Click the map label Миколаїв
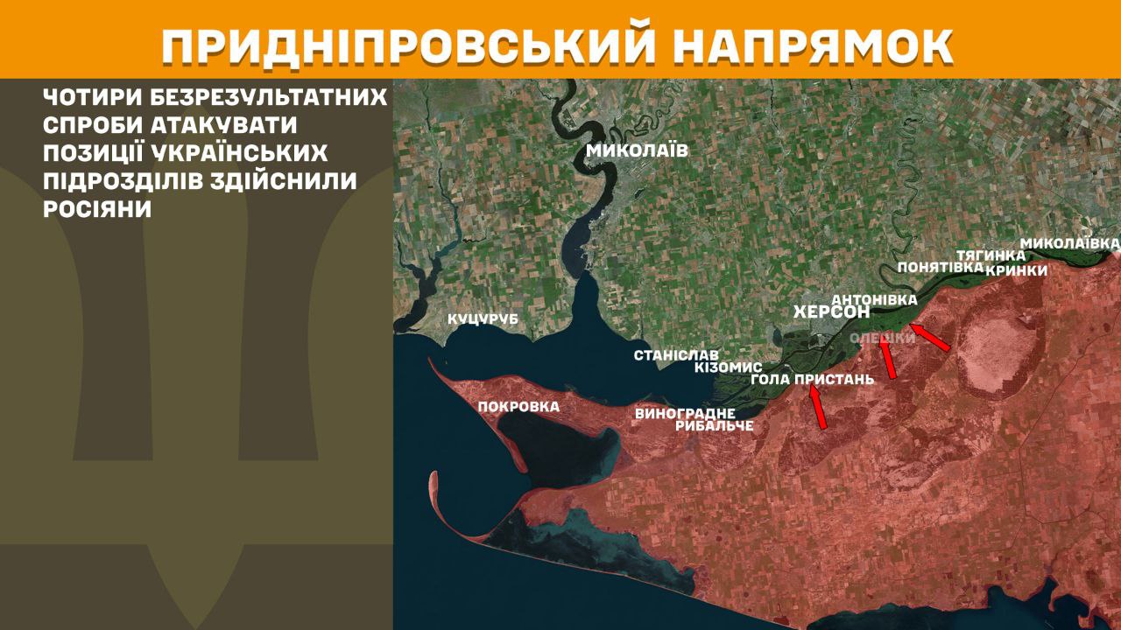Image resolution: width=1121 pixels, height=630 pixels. click(637, 150)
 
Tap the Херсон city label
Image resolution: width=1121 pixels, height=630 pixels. click(831, 312)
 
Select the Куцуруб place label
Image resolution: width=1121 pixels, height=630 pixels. click(483, 319)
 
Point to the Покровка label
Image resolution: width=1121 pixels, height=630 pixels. click(518, 407)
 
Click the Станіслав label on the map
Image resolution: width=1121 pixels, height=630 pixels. click(676, 356)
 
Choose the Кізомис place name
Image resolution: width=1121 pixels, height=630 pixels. click(728, 367)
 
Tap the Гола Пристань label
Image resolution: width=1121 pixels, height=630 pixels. click(813, 380)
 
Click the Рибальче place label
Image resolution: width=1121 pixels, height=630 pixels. click(715, 426)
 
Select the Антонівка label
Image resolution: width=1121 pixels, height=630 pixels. click(874, 299)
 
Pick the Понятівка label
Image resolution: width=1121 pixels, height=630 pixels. click(940, 268)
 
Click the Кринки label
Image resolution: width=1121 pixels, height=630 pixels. click(1016, 270)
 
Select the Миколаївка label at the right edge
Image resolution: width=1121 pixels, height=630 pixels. click(1070, 241)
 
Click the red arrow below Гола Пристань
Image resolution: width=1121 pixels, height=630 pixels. click(818, 408)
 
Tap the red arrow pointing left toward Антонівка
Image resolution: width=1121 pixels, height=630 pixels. click(929, 337)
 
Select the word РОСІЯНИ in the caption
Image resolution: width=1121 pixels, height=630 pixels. click(97, 210)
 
